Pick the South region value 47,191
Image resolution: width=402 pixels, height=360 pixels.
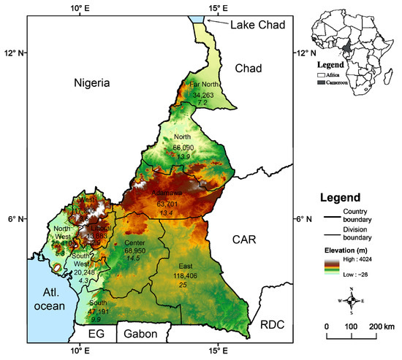pos(96,310)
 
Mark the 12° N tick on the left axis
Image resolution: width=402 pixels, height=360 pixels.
pos(12,53)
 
